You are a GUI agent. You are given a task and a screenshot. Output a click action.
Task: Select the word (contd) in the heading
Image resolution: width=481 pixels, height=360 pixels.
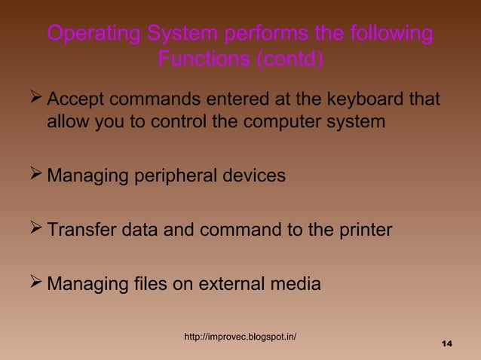point(291,59)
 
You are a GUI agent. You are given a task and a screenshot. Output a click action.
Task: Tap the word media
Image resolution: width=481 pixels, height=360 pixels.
point(295,285)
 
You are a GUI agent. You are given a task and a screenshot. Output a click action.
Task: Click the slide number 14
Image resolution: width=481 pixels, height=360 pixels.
point(446,344)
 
